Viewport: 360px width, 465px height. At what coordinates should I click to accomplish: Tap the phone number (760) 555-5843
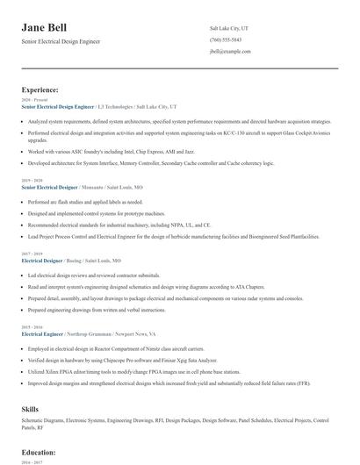pos(227,40)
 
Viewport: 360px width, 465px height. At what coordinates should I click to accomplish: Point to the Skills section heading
pos(32,409)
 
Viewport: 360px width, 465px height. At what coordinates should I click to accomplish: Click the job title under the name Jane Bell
pos(61,41)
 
